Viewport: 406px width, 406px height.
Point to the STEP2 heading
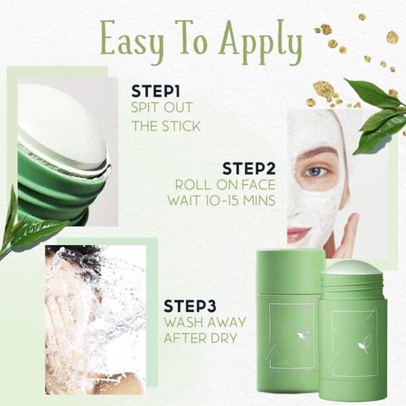pyautogui.click(x=249, y=168)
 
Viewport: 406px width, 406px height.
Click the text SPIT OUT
pyautogui.click(x=162, y=108)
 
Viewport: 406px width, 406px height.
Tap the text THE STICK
pyautogui.click(x=166, y=125)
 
